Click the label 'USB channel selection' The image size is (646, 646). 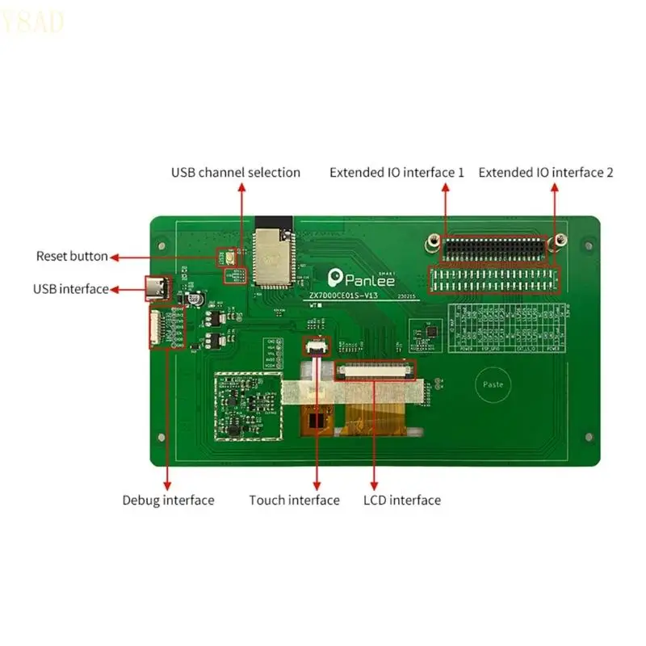235,172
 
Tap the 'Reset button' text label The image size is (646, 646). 71,256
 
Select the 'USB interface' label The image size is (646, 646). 70,289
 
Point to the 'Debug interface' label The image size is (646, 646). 168,500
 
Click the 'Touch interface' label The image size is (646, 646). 294,500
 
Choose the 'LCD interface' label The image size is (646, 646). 402,500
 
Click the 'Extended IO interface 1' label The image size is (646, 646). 396,172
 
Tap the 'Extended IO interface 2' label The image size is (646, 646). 546,172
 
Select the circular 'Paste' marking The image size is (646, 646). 493,384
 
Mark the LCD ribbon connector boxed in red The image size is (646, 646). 376,370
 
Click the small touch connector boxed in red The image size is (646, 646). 315,348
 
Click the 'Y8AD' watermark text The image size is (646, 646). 32,24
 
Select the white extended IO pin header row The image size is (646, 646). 493,279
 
